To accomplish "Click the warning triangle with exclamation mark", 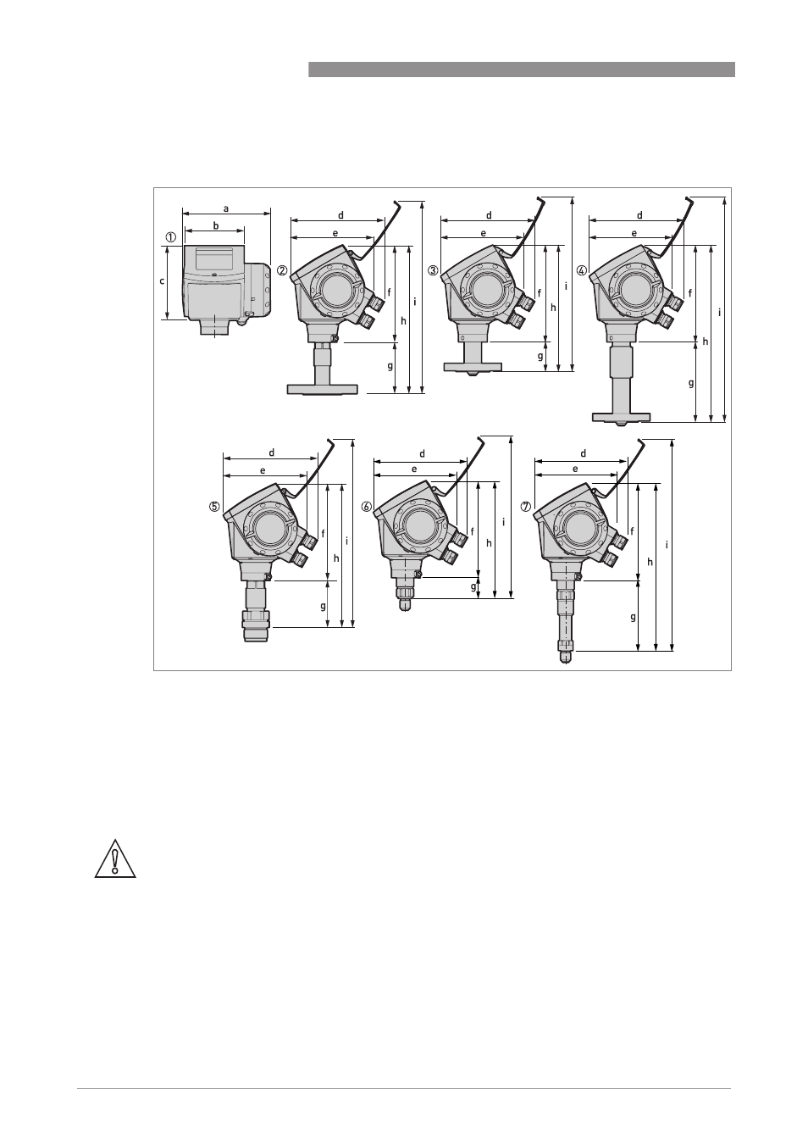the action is [x=115, y=859].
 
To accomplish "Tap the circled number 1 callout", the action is [x=170, y=237].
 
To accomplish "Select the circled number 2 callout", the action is [x=282, y=270].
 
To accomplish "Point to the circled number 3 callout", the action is [x=434, y=270].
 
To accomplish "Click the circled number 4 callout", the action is [x=581, y=270].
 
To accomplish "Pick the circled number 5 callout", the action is [x=214, y=507].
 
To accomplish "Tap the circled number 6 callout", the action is [x=367, y=507].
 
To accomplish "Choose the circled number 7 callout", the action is [x=526, y=507].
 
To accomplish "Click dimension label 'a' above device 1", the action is [x=226, y=208].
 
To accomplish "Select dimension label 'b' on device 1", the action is [x=216, y=225].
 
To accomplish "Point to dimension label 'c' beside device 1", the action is [x=163, y=281].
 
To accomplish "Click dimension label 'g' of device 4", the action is [x=691, y=383].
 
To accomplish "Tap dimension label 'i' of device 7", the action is [x=667, y=546].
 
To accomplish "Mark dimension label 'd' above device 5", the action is [x=272, y=453].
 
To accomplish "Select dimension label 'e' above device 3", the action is [x=484, y=233].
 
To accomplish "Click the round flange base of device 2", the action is [x=322, y=390].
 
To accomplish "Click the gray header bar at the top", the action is [x=521, y=69].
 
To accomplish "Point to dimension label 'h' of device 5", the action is [x=336, y=558].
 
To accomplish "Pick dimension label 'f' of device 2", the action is [x=389, y=292].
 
